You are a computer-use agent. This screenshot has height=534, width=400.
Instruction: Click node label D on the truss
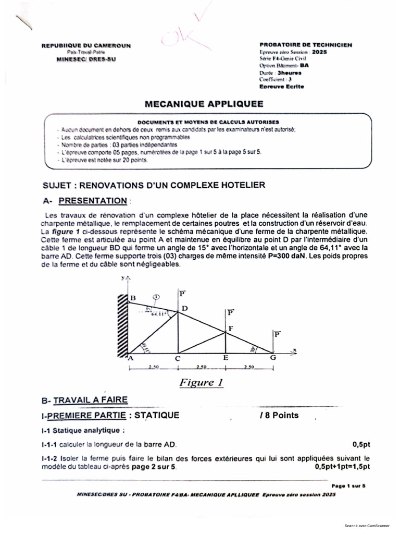pyautogui.click(x=184, y=308)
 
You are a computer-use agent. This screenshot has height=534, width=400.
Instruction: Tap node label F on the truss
pyautogui.click(x=231, y=328)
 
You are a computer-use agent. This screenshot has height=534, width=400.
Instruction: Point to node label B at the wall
pyautogui.click(x=133, y=298)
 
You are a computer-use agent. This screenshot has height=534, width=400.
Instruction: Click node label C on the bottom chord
pyautogui.click(x=177, y=358)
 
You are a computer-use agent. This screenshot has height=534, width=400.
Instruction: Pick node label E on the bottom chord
pyautogui.click(x=225, y=358)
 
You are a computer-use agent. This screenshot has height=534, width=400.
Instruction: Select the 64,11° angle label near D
pyautogui.click(x=158, y=314)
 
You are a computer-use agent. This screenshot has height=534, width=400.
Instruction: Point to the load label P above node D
pyautogui.click(x=182, y=293)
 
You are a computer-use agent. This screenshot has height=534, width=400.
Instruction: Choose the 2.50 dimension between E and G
pyautogui.click(x=248, y=368)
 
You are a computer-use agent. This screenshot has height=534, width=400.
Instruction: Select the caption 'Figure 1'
pyautogui.click(x=201, y=383)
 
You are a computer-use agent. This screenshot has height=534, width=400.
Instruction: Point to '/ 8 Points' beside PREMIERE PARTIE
pyautogui.click(x=279, y=415)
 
